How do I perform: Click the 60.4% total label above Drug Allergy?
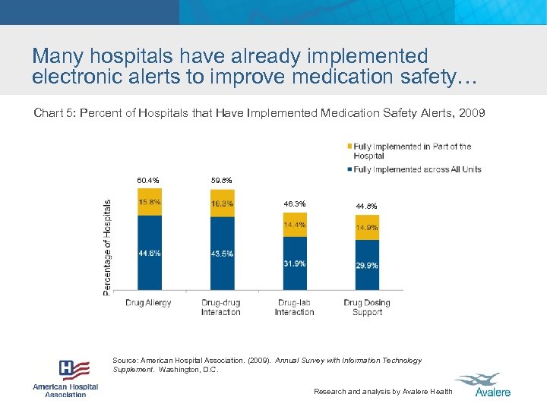point(148,181)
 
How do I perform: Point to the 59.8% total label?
point(221,181)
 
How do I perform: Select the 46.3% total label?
point(295,203)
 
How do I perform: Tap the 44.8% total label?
point(367,207)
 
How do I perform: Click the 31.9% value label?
point(295,264)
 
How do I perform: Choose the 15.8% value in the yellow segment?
point(150,202)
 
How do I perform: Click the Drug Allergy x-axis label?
point(148,303)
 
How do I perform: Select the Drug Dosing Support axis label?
point(367,307)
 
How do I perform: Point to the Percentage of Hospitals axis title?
point(107,248)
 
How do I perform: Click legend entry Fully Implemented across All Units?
point(417,169)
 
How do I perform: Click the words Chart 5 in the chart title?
point(55,113)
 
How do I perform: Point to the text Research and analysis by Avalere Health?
point(383,392)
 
